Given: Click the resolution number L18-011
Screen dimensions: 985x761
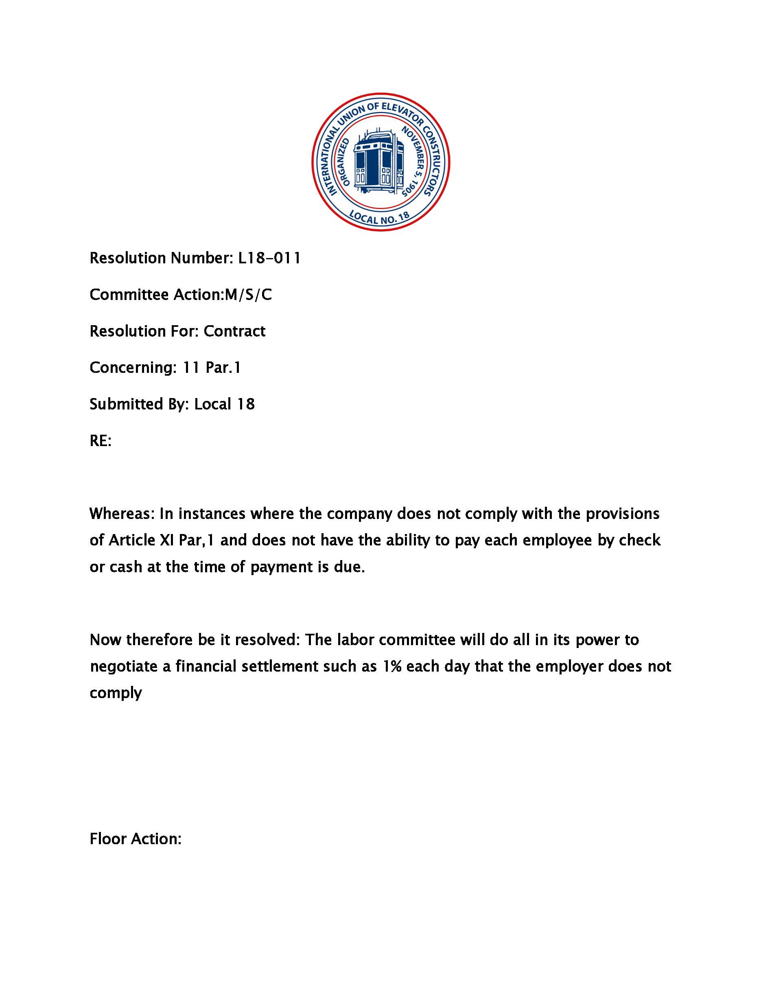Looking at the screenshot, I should click(x=269, y=258).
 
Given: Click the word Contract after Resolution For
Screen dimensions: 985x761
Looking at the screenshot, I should click(x=234, y=331).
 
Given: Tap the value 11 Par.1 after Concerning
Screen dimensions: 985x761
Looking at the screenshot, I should click(x=212, y=368).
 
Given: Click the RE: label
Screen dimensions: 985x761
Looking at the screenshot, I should click(x=101, y=441).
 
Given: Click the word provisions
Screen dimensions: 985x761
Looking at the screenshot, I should click(x=622, y=514).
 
